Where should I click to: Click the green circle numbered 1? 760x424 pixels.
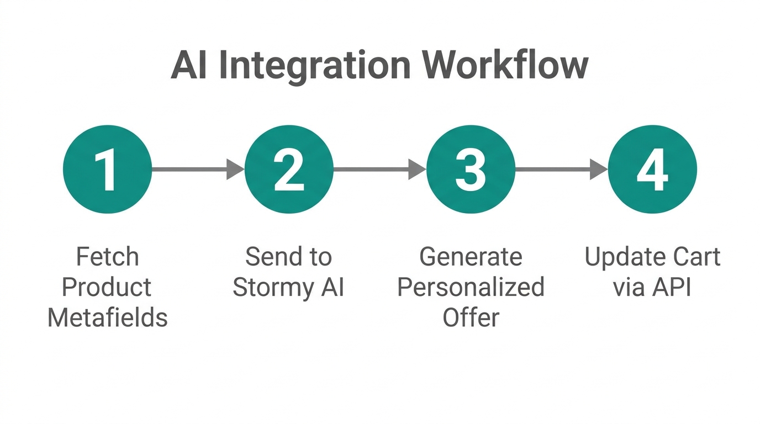[x=107, y=169]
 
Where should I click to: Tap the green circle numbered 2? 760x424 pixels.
[x=289, y=169]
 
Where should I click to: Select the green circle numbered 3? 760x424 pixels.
[x=471, y=169]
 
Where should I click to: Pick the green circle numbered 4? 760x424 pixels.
[x=652, y=169]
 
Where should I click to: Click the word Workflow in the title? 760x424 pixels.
[x=505, y=66]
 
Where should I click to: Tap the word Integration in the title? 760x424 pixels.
[x=315, y=66]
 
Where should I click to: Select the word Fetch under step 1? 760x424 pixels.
[x=107, y=257]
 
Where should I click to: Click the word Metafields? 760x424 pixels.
[x=107, y=318]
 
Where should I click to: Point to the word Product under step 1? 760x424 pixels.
[x=107, y=288]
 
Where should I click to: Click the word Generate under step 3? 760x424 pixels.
[x=471, y=257]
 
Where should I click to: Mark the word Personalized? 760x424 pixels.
[x=471, y=288]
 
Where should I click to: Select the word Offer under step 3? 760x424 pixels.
[x=471, y=318]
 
